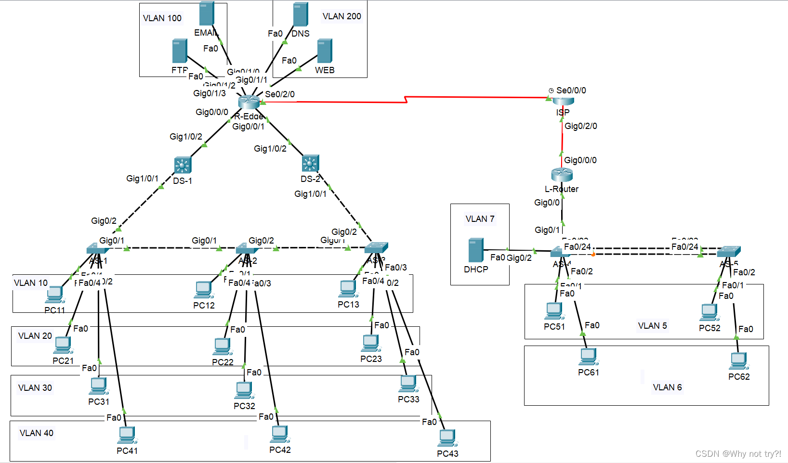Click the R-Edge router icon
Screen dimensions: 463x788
(x=249, y=102)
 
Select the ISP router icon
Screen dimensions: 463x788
(x=563, y=101)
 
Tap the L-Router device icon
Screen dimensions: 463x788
(x=562, y=174)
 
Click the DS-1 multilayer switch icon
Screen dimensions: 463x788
(x=183, y=165)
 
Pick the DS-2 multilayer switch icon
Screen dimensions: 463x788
(x=310, y=164)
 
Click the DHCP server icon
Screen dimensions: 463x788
(x=475, y=250)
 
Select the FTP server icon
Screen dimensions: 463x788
(x=180, y=51)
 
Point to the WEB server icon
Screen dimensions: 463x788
(x=325, y=51)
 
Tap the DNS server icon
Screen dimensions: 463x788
(x=300, y=14)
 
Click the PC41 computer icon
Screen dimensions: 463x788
(x=127, y=435)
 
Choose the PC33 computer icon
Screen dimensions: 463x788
(x=408, y=384)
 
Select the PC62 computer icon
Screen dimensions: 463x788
(x=738, y=361)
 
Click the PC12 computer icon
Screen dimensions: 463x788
(x=204, y=290)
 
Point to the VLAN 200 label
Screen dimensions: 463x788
(x=341, y=16)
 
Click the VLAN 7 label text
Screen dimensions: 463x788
(x=480, y=219)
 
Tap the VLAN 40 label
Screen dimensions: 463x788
(x=37, y=433)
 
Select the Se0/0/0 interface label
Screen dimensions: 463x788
(x=571, y=90)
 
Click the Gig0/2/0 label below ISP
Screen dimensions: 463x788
(x=580, y=126)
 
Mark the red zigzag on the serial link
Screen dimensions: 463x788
(x=406, y=100)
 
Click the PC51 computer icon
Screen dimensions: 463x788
(x=554, y=311)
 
